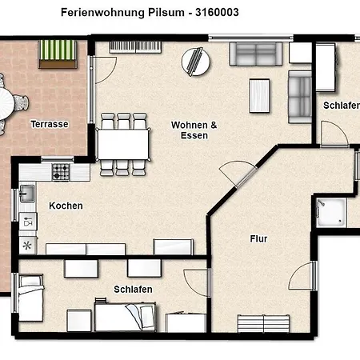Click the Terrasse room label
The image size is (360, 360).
coord(50,124)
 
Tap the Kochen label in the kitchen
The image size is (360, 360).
coord(66,206)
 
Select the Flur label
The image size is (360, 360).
coord(258,238)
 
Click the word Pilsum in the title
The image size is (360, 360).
coord(166,13)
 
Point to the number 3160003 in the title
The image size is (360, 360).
coord(217,12)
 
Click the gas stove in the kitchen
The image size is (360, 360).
coord(61,172)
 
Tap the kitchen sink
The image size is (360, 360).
coord(27,194)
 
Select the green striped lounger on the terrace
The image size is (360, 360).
coord(58,54)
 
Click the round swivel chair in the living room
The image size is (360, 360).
coord(196,62)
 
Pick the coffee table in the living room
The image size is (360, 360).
coord(259,95)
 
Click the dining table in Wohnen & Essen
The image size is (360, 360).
coord(123,145)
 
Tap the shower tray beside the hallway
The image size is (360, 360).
coord(331,213)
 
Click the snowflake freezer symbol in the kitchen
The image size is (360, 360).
coord(27,246)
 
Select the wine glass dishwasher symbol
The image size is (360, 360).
coord(27,222)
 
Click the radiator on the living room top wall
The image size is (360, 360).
coord(135,47)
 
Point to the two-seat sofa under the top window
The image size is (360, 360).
coord(255,54)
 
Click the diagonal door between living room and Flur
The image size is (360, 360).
coord(237,174)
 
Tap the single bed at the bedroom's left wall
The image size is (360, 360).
coord(30,298)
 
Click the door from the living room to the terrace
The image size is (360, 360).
coord(102,70)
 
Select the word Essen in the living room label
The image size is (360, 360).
coord(194,135)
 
